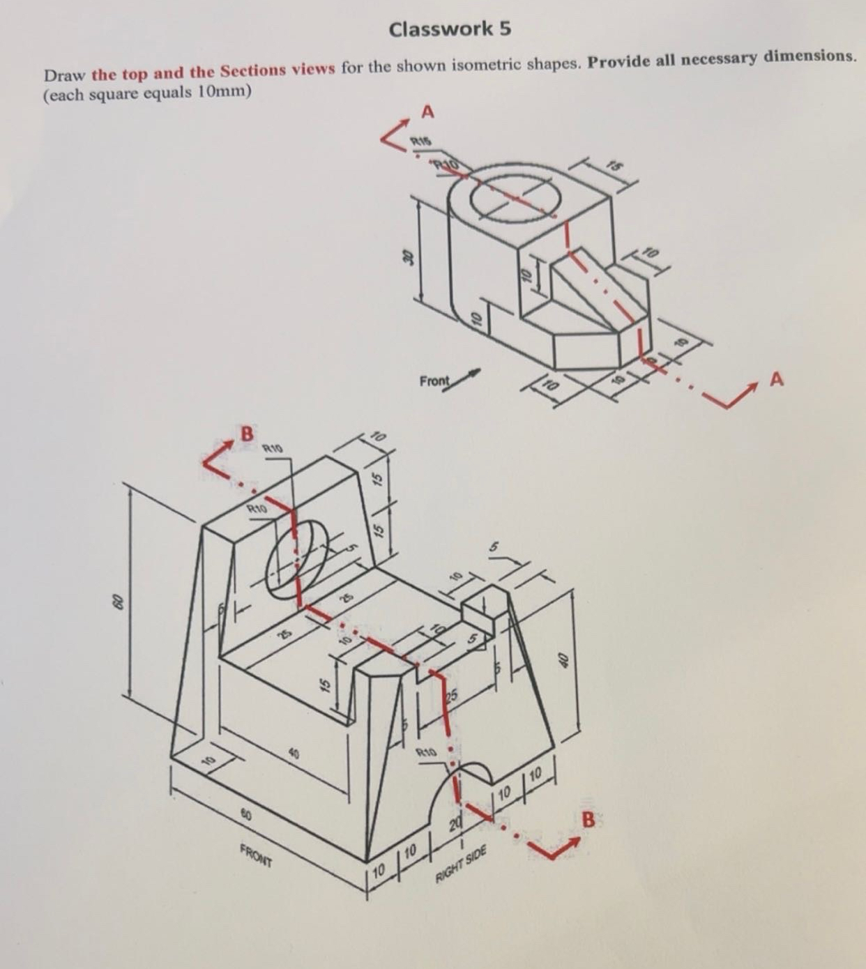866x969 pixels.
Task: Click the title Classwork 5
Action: tap(450, 29)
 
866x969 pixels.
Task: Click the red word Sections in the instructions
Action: tap(253, 70)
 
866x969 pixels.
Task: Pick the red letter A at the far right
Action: tap(777, 379)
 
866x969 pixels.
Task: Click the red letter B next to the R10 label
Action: tap(245, 433)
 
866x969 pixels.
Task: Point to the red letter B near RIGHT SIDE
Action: tap(588, 820)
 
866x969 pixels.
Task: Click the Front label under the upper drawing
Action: tap(434, 382)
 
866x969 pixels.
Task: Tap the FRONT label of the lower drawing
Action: tap(256, 855)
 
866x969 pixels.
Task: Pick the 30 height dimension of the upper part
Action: tap(409, 256)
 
